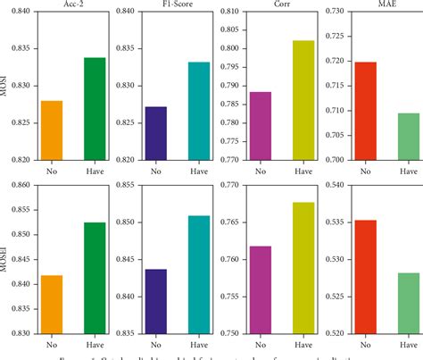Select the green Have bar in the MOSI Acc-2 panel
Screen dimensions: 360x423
(95, 108)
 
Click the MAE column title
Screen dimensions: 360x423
(386, 5)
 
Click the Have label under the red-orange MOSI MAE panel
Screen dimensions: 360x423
(408, 170)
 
